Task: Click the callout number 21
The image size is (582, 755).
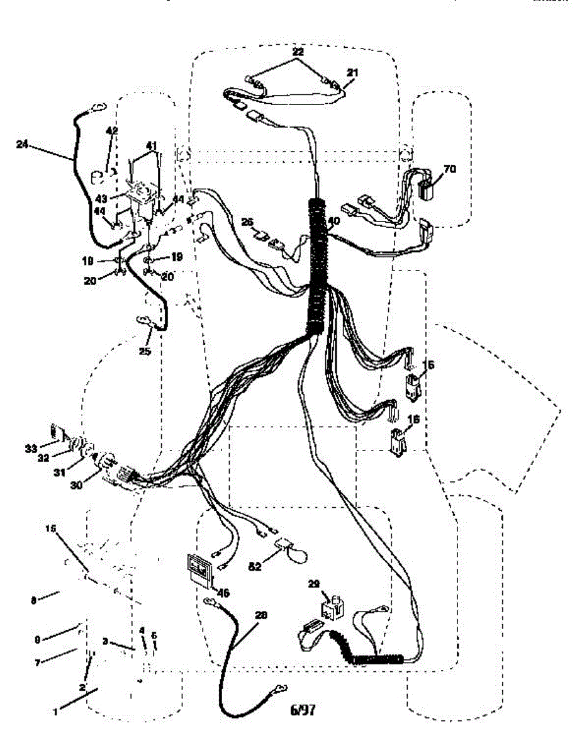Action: click(352, 73)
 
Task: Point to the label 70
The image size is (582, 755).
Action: click(450, 169)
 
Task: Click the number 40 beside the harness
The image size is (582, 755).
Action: click(333, 221)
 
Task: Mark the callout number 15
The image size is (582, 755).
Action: click(52, 530)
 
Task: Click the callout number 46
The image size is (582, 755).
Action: click(222, 593)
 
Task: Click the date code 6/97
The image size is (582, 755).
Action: click(303, 710)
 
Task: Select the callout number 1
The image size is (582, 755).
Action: click(55, 712)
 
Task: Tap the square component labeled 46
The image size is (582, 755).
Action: click(199, 570)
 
